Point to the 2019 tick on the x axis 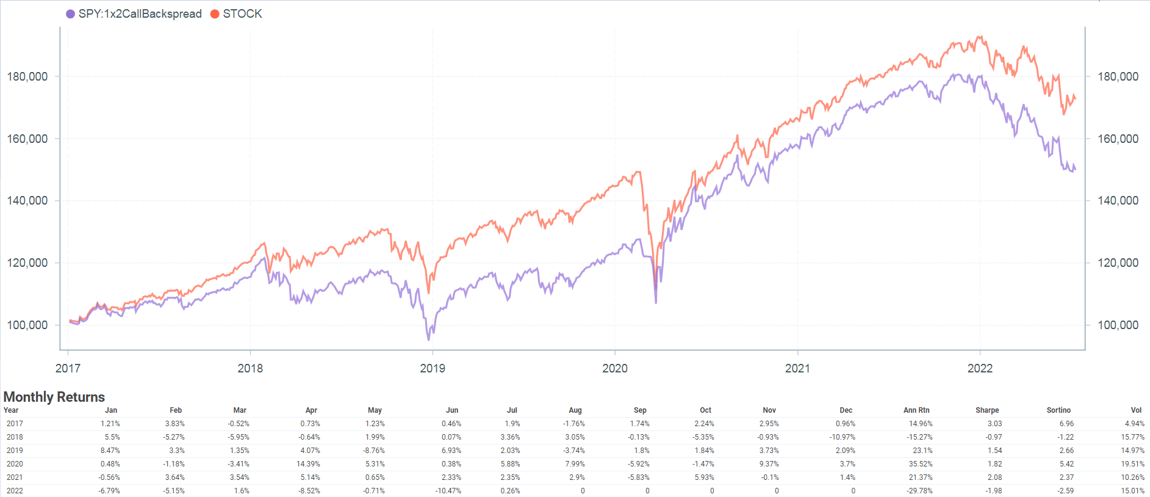click(433, 368)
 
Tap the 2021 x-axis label click(797, 368)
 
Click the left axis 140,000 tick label click(27, 200)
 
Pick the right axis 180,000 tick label click(1118, 76)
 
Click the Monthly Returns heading click(54, 397)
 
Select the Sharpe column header click(986, 410)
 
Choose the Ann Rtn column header click(916, 410)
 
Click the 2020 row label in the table click(15, 464)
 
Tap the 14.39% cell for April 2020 click(308, 464)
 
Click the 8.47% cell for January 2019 click(110, 451)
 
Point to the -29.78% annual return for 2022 click(919, 491)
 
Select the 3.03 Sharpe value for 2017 click(994, 424)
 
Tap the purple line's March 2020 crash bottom click(656, 302)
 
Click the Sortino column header click(1058, 410)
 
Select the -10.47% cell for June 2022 click(448, 491)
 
